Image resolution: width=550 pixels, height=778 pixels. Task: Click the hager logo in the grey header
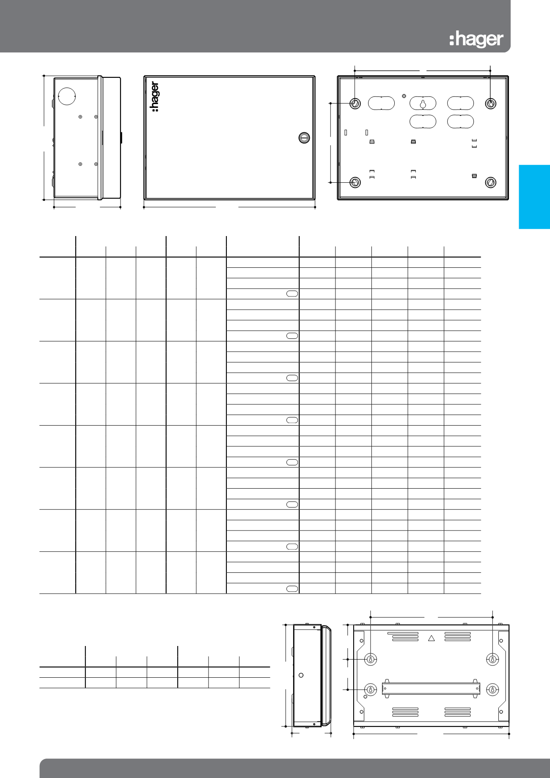[476, 39]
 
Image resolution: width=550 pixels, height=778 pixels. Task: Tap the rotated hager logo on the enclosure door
[155, 97]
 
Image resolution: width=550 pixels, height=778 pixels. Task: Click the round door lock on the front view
[304, 137]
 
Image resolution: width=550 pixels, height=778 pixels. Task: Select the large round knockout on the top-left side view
[66, 96]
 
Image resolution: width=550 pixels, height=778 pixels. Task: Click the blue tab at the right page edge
[534, 197]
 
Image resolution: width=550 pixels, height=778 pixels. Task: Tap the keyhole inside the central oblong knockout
[423, 103]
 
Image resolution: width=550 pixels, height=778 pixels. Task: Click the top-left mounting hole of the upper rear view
[355, 103]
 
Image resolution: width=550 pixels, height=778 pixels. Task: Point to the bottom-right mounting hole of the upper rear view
[490, 182]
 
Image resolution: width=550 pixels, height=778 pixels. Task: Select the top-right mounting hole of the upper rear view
[490, 103]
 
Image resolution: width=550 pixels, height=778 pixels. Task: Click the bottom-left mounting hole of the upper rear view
[355, 182]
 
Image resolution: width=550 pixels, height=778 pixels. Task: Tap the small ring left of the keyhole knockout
[404, 96]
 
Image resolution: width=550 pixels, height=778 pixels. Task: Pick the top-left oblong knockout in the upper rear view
[381, 103]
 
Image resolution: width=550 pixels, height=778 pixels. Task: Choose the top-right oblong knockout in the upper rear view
[460, 103]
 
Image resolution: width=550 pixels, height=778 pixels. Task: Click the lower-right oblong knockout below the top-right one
[460, 121]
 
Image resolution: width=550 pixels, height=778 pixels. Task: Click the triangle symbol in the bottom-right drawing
[432, 638]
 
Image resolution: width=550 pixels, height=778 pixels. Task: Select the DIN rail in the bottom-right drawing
[431, 688]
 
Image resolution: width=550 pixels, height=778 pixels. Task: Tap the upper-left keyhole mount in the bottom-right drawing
[371, 659]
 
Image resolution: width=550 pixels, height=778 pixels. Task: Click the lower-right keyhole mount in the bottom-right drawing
[492, 690]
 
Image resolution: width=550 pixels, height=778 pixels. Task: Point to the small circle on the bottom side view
[301, 676]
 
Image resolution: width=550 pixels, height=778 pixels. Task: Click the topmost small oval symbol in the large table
[292, 294]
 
